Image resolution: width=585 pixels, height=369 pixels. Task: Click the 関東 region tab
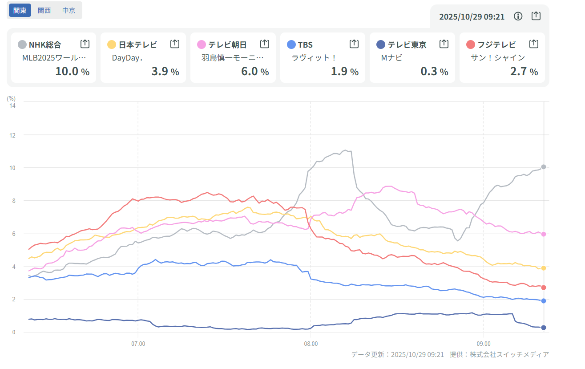(x=20, y=10)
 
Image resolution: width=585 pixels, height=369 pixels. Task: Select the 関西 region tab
(x=44, y=10)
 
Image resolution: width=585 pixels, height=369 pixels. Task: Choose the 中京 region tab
(x=69, y=10)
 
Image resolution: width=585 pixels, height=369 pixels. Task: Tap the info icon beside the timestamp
(x=518, y=16)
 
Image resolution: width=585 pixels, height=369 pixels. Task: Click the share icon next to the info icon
(x=536, y=16)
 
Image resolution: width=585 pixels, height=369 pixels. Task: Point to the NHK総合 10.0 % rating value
(x=73, y=71)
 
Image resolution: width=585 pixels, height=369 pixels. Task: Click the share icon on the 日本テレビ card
(x=175, y=44)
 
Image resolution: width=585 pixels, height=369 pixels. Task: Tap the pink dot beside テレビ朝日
(x=202, y=45)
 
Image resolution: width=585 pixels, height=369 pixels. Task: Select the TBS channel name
(x=305, y=45)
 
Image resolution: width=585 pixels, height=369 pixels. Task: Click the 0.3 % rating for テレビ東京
(x=434, y=71)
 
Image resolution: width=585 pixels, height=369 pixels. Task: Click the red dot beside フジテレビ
(x=471, y=45)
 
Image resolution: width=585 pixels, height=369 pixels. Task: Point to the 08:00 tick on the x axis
(x=311, y=344)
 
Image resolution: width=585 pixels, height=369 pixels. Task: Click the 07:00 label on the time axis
(x=138, y=344)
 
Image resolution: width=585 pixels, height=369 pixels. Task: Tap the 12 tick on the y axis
(x=13, y=135)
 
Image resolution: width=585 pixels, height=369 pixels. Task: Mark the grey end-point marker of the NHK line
(x=544, y=167)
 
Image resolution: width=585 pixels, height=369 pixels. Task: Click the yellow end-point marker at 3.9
(x=544, y=268)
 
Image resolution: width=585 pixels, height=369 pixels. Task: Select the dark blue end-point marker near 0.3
(x=544, y=328)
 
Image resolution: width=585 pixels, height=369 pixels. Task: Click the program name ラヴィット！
(x=313, y=57)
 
